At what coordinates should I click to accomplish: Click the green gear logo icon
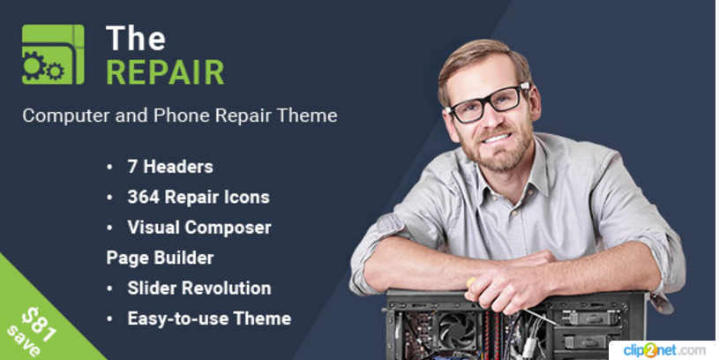(x=53, y=54)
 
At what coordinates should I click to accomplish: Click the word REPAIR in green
(x=165, y=72)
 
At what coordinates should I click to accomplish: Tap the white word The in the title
(x=136, y=38)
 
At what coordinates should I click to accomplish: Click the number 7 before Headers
(x=132, y=167)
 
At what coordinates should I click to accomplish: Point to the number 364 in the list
(x=144, y=197)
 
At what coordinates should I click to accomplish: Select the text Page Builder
(x=160, y=259)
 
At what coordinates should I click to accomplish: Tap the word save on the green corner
(x=24, y=341)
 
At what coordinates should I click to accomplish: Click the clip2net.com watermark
(x=664, y=351)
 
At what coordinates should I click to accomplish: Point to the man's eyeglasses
(x=490, y=103)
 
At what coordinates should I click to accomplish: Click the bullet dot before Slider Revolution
(x=109, y=289)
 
